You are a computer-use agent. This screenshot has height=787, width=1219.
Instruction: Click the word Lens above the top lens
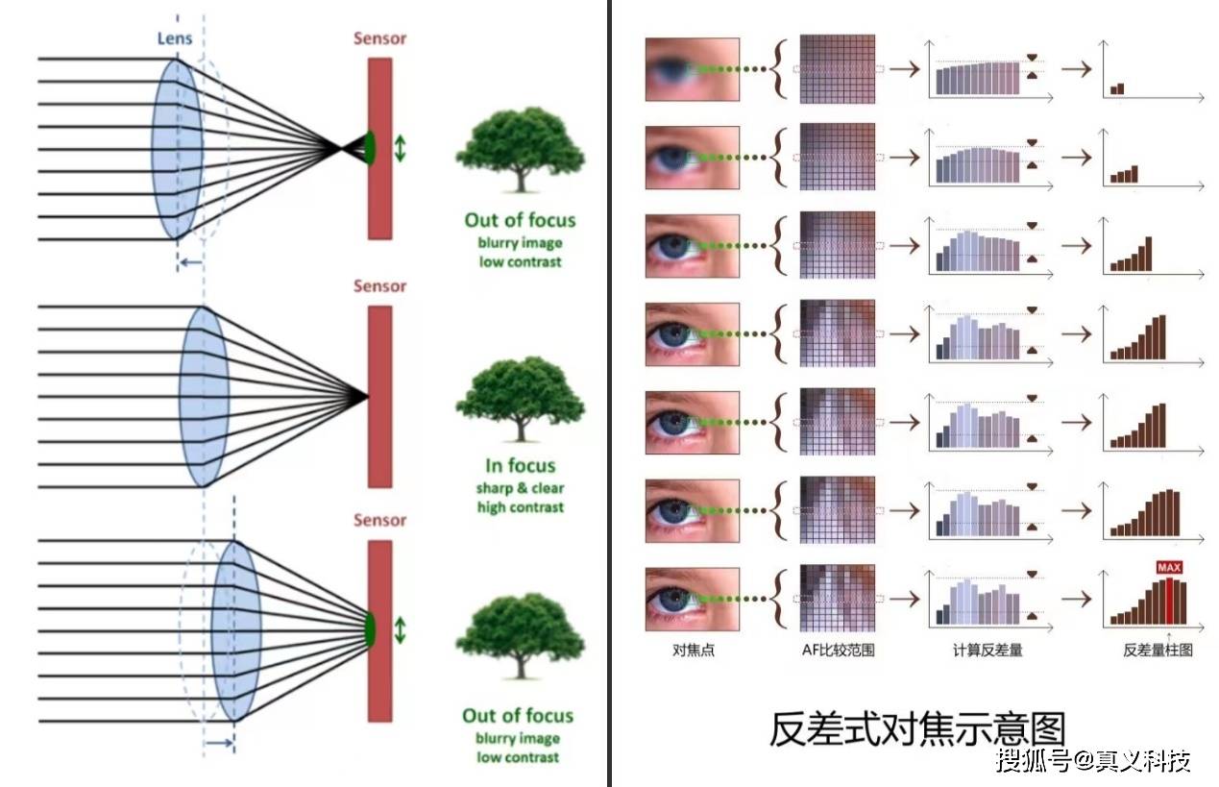175,38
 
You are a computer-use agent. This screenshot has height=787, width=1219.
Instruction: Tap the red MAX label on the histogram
1168,568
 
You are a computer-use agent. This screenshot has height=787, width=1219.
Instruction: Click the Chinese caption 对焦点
693,651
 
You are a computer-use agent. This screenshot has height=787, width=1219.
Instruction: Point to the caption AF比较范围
838,651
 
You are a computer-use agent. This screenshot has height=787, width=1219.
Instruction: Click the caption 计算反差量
987,651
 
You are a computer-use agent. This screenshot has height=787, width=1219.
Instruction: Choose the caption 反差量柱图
1158,651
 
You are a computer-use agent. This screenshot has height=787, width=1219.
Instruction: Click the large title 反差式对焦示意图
916,729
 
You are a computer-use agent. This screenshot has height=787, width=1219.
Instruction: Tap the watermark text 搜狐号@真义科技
1093,761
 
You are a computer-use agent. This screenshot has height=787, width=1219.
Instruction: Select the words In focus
520,466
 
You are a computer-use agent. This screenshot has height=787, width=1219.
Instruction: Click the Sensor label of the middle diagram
379,286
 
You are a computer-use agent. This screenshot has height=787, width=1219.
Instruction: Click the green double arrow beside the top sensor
400,147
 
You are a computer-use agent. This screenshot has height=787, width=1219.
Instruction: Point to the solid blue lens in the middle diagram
203,396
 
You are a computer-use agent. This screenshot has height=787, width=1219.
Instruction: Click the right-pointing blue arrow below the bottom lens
219,742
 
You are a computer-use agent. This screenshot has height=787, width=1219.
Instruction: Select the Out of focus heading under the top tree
520,220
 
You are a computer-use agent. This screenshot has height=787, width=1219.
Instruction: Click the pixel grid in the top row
838,69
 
